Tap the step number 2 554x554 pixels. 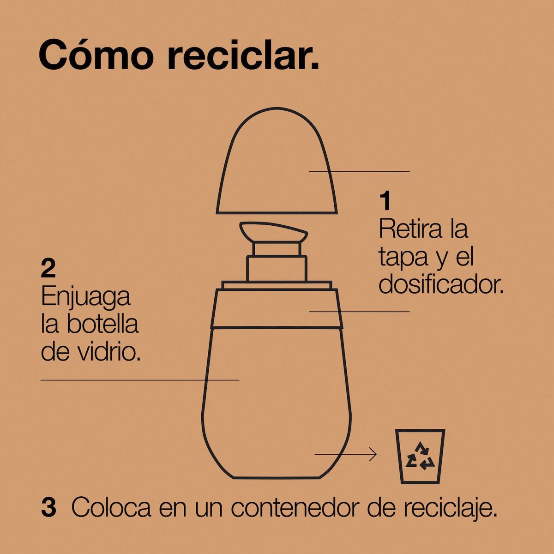(x=48, y=269)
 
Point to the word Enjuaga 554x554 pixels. (x=85, y=298)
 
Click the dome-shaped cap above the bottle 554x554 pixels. (x=276, y=166)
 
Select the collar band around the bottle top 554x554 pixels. (x=277, y=307)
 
